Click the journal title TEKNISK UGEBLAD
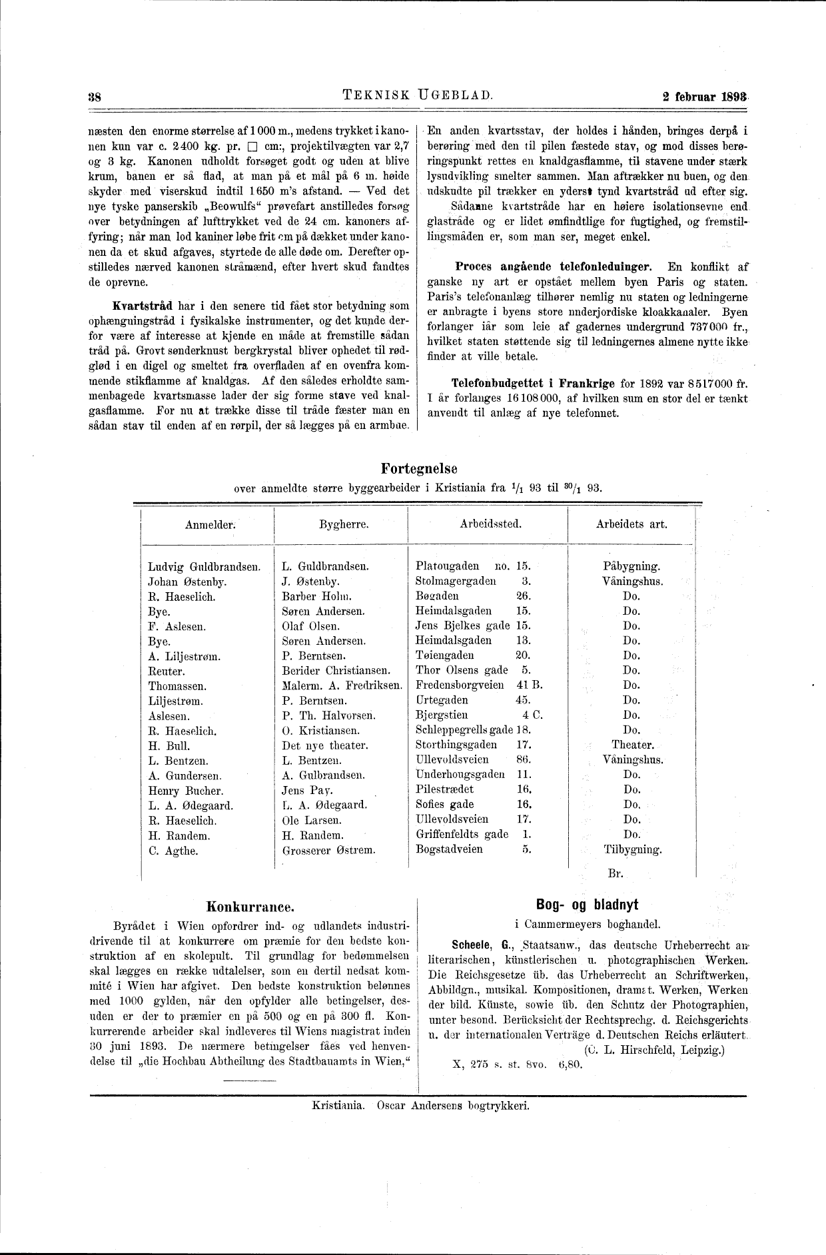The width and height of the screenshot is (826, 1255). [418, 95]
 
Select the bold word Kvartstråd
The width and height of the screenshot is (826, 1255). [143, 306]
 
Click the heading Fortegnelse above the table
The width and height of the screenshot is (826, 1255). [419, 469]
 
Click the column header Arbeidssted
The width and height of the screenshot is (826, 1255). [490, 524]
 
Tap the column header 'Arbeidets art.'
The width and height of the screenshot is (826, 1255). [631, 524]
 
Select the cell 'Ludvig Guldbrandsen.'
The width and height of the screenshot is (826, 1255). [204, 567]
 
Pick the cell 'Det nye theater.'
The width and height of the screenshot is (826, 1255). [325, 745]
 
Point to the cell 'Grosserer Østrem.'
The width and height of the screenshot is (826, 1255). [328, 850]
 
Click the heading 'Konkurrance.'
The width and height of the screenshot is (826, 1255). [250, 907]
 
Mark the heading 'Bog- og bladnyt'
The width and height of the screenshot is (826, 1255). [587, 905]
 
